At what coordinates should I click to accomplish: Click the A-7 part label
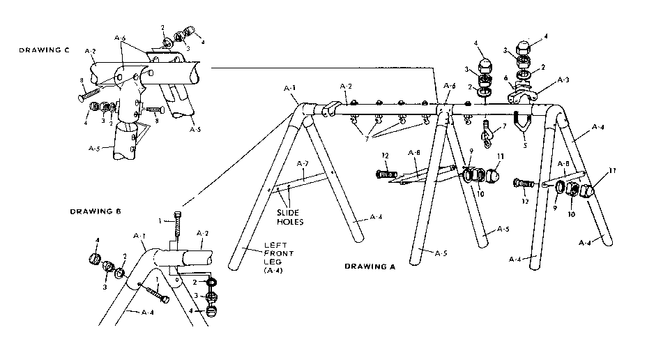pos(302,163)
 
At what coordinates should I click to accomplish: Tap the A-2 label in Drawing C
pos(90,51)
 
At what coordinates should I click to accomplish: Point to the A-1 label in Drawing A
pos(291,89)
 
